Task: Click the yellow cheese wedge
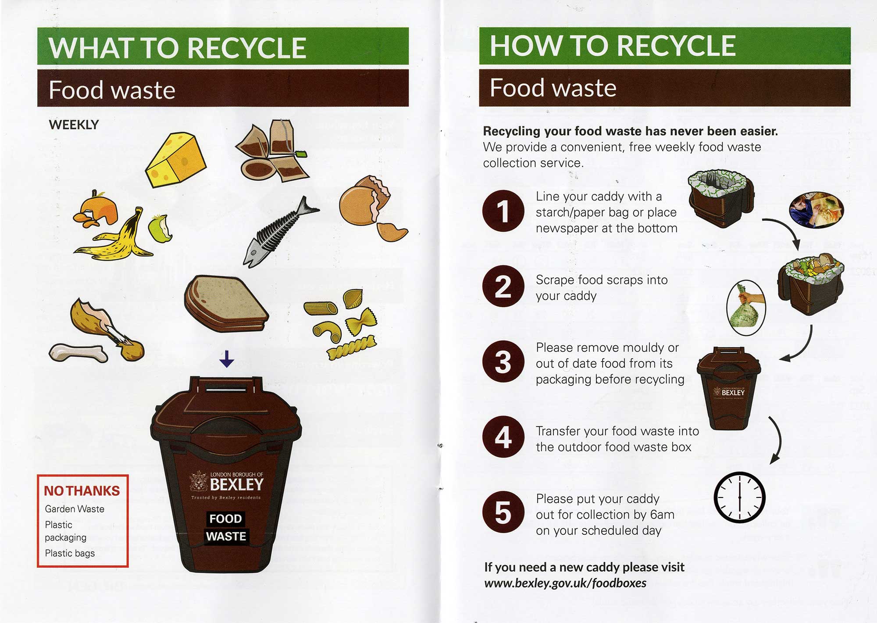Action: tap(175, 160)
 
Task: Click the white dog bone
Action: tap(78, 353)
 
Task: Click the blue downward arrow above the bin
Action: tap(227, 358)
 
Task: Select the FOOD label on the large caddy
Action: tap(225, 519)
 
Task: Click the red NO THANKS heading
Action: tap(82, 491)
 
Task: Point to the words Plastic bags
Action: tap(70, 553)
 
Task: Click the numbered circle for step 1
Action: tap(503, 211)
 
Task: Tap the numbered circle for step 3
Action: tap(503, 362)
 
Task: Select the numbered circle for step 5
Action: tap(503, 512)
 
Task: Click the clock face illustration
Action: tap(740, 497)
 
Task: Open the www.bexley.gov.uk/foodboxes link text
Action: tap(565, 583)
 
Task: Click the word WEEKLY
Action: tap(74, 125)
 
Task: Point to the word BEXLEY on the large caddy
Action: tap(237, 485)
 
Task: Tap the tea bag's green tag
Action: tap(301, 154)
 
